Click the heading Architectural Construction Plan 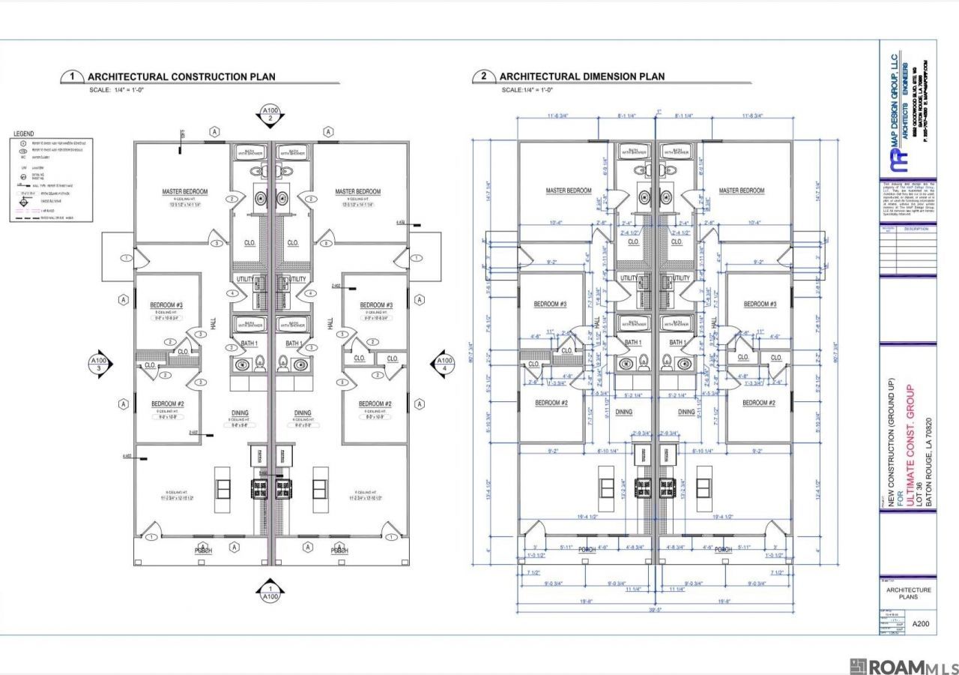coord(181,76)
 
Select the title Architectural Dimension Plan coord(581,76)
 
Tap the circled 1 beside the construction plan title coord(72,76)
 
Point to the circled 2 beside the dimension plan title coord(484,76)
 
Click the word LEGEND coord(23,133)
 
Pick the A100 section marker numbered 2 coord(270,114)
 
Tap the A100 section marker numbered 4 coord(444,364)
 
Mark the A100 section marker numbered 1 coord(270,593)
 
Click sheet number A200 coord(921,623)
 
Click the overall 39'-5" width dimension coord(656,609)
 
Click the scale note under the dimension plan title coord(527,90)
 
